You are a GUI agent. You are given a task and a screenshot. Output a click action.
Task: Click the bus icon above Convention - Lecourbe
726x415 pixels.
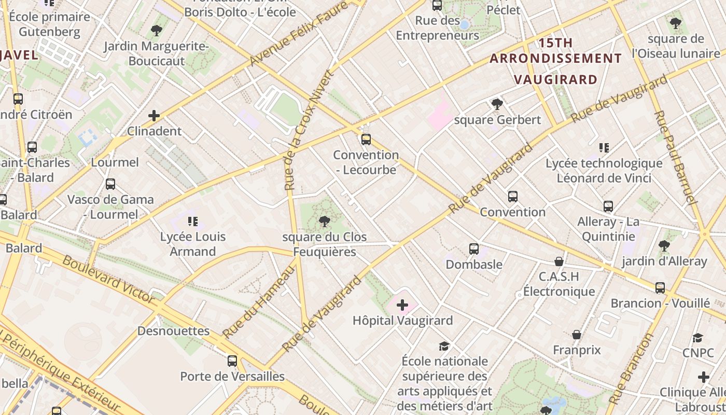366,139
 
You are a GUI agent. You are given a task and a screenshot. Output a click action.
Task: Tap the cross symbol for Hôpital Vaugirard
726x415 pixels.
402,305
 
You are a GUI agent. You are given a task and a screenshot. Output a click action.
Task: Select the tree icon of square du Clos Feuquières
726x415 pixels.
325,222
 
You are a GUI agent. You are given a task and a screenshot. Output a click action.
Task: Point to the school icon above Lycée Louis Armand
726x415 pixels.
193,222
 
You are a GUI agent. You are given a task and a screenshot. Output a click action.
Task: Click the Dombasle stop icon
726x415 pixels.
473,249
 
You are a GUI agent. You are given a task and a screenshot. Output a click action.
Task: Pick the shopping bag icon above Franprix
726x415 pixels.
576,335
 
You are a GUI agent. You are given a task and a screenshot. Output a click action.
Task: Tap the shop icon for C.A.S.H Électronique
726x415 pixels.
559,261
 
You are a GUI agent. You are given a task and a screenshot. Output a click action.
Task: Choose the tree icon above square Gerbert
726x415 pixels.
497,104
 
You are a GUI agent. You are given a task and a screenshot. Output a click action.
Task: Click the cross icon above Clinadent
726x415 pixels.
154,115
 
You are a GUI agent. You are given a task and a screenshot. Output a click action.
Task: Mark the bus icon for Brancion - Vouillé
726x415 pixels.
660,288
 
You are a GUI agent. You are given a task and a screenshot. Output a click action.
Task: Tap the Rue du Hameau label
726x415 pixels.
258,301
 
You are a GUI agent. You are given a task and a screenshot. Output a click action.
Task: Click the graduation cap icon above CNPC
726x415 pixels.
698,338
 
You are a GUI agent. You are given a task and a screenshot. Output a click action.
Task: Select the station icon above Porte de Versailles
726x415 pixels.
232,361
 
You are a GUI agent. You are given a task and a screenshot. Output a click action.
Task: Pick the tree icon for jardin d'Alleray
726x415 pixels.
664,246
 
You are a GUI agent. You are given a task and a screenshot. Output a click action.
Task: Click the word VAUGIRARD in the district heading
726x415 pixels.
555,79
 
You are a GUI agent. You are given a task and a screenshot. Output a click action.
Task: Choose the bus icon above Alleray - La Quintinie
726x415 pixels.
608,206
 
